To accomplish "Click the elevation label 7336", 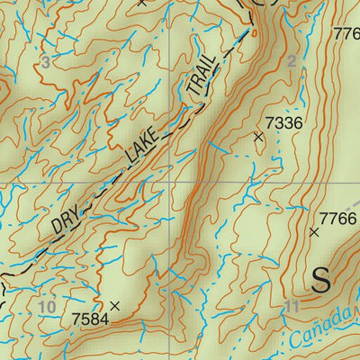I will tap(284, 122).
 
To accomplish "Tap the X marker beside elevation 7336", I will tap(259, 137).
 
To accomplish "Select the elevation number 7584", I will tap(89, 319).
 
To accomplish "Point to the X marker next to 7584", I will tap(114, 306).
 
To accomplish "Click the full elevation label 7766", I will tap(338, 219).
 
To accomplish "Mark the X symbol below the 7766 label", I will tap(314, 232).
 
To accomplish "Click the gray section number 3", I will tap(46, 61).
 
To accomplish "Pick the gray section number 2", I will tap(291, 61).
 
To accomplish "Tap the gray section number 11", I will tap(290, 307).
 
